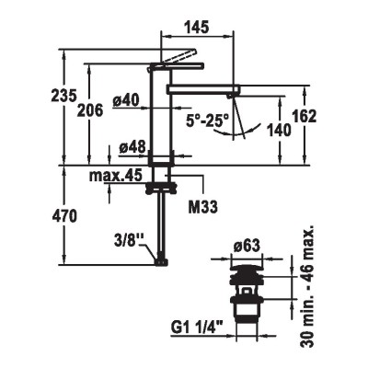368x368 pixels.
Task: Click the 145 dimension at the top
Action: coord(197,27)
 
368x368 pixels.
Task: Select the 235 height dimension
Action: coord(63,96)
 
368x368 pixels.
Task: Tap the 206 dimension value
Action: coord(90,110)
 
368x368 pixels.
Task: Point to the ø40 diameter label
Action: coord(126,100)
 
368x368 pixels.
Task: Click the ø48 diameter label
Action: coord(132,148)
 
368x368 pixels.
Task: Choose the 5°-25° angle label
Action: coord(208,121)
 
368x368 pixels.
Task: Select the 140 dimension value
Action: coord(279,130)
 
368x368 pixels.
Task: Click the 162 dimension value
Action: coord(304,116)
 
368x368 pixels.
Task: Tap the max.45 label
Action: coord(116,176)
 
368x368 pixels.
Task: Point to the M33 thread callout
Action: coord(202,207)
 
